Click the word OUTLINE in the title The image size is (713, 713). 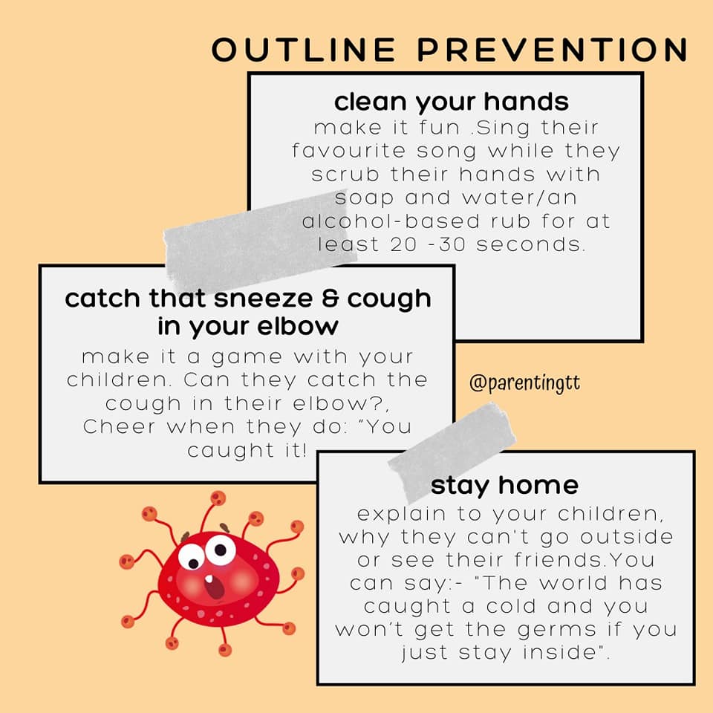304,49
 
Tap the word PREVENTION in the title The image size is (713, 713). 553,49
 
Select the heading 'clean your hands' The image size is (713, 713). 451,102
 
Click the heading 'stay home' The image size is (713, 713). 504,486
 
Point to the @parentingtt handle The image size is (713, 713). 525,383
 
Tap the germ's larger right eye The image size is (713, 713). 221,550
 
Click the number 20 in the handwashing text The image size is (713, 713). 403,244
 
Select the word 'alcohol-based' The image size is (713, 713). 391,221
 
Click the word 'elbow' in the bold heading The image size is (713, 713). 298,326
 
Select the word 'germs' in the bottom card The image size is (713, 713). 557,631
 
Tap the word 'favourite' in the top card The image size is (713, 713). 349,151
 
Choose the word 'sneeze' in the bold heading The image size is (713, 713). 263,299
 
